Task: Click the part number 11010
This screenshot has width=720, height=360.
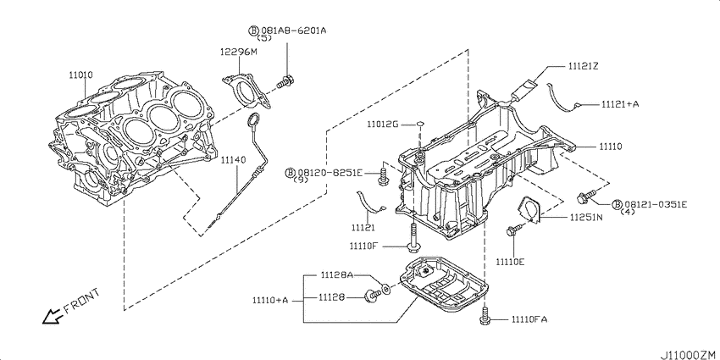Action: (x=81, y=74)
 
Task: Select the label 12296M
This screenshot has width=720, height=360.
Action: (x=238, y=52)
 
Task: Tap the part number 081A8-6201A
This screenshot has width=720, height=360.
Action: (x=294, y=30)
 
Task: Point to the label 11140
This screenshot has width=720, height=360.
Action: (x=233, y=160)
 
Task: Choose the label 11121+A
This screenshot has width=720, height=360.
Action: (x=620, y=104)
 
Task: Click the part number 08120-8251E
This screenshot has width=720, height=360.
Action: (x=330, y=173)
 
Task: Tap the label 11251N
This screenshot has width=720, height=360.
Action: (x=586, y=217)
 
